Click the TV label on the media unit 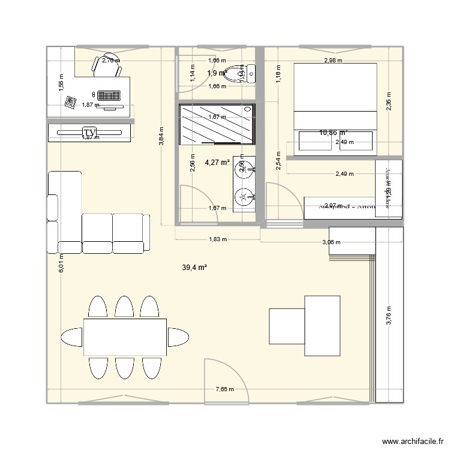89,132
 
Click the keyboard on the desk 109,95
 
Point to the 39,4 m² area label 194,268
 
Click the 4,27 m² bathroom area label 217,162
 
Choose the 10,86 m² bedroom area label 334,133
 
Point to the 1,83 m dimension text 217,239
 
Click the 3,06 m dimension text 331,243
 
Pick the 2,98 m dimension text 333,61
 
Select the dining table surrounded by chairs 124,337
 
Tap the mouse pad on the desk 71,101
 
